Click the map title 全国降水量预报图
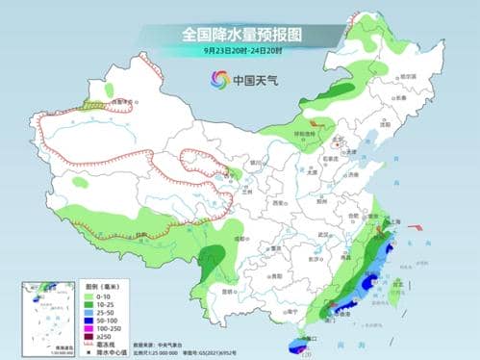point(240,34)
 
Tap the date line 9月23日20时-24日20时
point(240,51)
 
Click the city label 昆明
point(229,289)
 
